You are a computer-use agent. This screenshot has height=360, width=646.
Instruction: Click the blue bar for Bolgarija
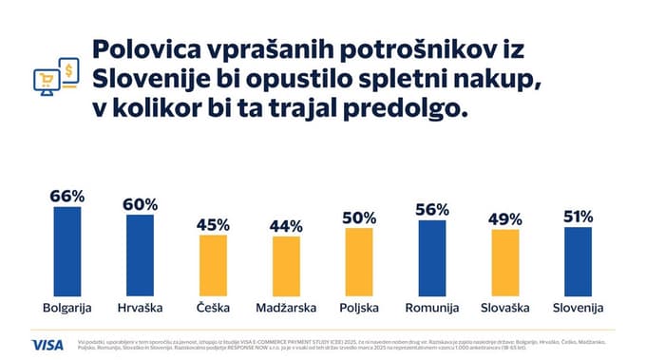tap(66, 252)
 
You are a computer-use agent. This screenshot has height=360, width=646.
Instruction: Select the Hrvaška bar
tap(141, 256)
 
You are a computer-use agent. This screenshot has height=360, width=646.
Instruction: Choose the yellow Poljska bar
tap(359, 262)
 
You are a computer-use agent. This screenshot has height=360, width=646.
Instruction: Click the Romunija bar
tap(431, 258)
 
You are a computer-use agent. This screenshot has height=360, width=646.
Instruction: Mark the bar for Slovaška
tap(504, 263)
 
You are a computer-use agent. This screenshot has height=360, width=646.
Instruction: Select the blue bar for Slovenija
tap(578, 261)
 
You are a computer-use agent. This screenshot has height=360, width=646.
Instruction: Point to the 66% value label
tap(67, 197)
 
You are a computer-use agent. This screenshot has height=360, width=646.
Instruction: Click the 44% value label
tap(286, 226)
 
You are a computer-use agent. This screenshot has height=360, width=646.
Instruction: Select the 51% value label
tap(578, 217)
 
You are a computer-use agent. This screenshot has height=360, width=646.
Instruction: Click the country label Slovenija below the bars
tap(578, 308)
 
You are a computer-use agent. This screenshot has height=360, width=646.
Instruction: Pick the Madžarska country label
tap(286, 308)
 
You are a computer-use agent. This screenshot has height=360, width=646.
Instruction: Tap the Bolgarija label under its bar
tap(67, 308)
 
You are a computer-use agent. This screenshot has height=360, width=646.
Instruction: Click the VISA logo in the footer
tap(47, 344)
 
